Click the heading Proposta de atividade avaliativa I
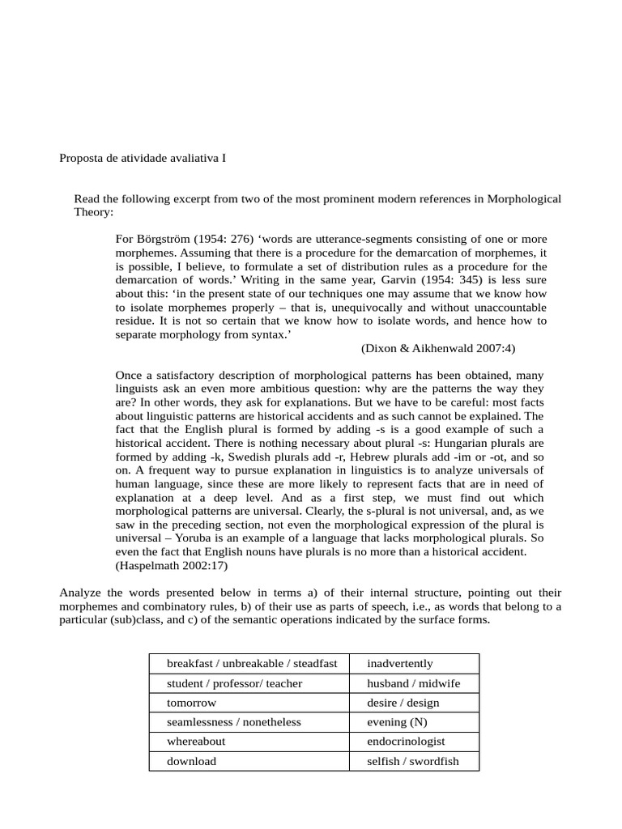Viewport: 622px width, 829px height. point(143,158)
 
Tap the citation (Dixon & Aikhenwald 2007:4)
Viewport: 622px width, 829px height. point(438,347)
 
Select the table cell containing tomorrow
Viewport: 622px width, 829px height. point(249,702)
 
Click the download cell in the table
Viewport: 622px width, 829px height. point(249,761)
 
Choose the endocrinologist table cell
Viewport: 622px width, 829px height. point(414,741)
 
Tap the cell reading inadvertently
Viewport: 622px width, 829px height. point(414,663)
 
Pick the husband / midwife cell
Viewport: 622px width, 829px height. point(414,683)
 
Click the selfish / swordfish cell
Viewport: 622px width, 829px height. point(414,761)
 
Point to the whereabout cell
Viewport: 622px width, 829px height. point(249,741)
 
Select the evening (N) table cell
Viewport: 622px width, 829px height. point(414,721)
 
